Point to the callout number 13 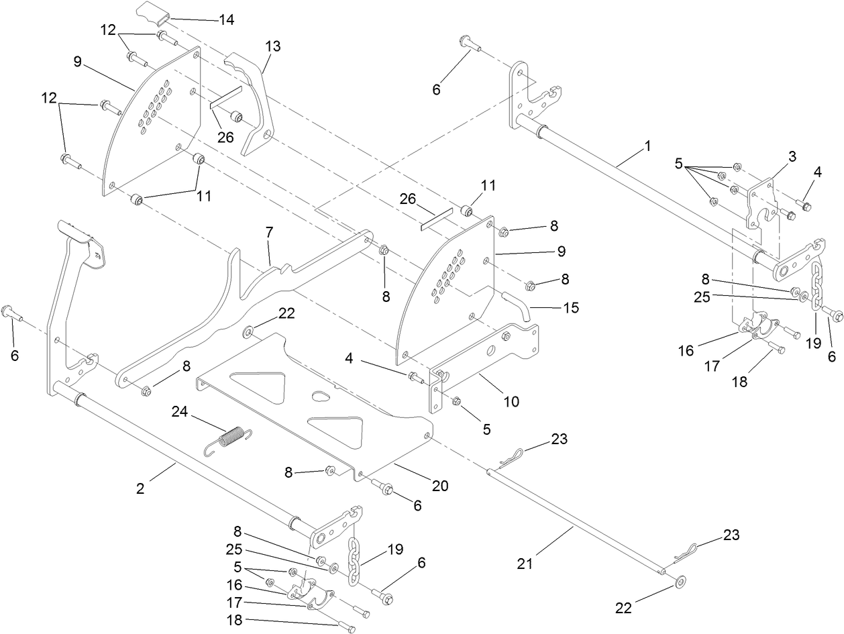[x=272, y=46]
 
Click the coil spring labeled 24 [x=227, y=439]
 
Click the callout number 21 [x=525, y=564]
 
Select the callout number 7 [x=269, y=233]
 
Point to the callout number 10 [x=511, y=402]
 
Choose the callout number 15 [x=570, y=308]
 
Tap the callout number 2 [x=140, y=488]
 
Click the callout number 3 [x=792, y=156]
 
